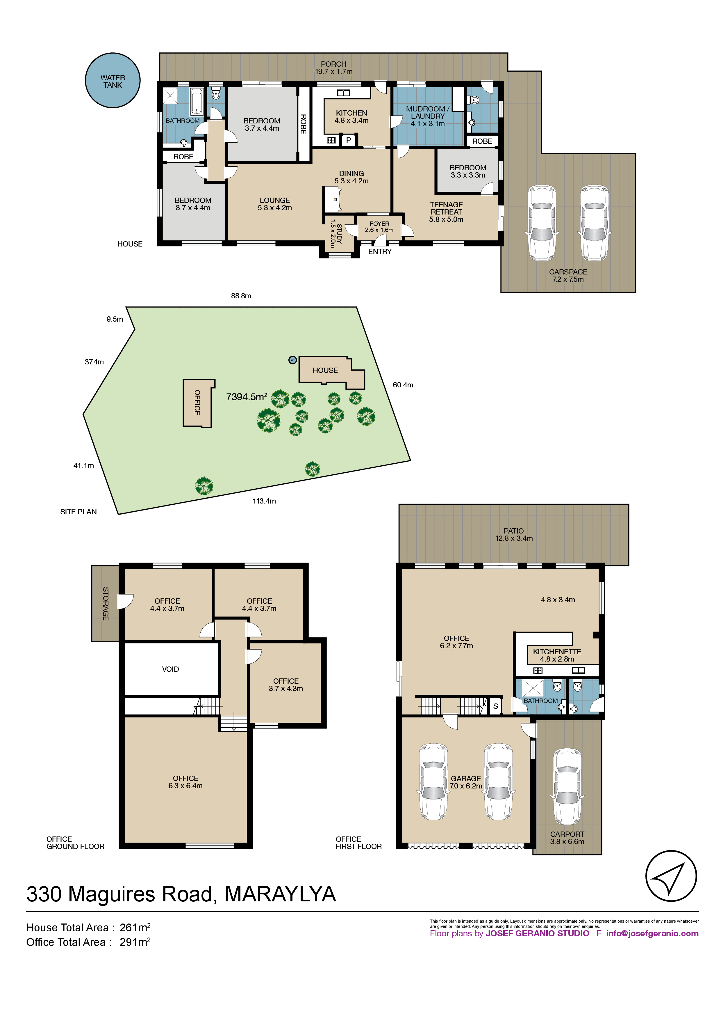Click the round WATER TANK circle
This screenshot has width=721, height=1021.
[113, 81]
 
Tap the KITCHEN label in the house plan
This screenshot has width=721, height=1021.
[351, 113]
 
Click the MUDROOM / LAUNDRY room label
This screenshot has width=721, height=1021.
[428, 116]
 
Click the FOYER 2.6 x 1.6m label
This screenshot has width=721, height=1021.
[379, 227]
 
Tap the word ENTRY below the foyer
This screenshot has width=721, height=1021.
[380, 252]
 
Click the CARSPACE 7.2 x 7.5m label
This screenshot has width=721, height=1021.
[568, 275]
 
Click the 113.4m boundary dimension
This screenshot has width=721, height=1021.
[264, 501]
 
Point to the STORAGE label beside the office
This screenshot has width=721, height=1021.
[105, 603]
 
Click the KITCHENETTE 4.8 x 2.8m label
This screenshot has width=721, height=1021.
[557, 655]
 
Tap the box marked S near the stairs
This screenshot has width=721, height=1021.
[495, 706]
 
